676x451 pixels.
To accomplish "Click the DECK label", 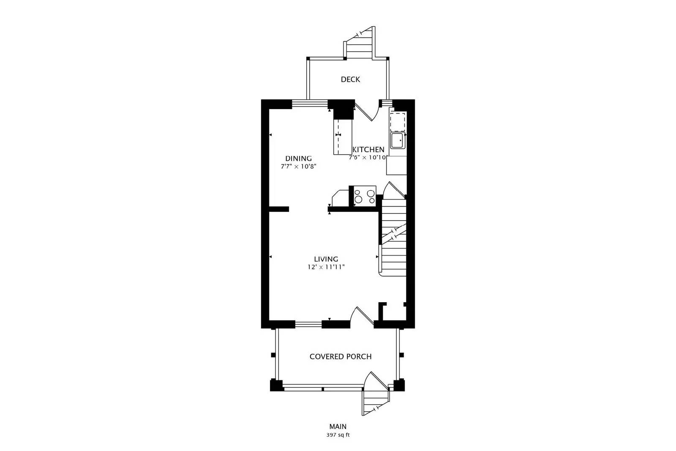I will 350,79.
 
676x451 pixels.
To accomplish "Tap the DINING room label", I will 298,159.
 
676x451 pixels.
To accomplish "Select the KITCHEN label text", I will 368,150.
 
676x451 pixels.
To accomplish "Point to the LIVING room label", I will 326,259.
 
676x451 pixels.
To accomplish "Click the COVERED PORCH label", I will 341,356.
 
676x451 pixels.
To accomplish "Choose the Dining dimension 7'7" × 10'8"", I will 298,167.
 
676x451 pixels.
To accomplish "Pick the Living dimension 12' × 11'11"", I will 326,267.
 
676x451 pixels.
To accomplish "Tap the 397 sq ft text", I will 338,435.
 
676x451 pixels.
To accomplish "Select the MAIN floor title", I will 338,426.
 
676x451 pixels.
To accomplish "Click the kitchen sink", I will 398,140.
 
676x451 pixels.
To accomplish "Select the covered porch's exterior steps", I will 375,400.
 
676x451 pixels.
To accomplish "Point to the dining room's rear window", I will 310,103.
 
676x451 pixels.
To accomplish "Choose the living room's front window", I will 308,325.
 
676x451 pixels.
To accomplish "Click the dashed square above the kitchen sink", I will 398,121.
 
